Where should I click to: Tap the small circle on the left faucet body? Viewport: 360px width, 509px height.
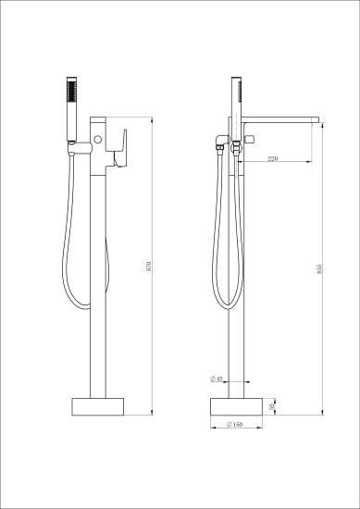coord(95,140)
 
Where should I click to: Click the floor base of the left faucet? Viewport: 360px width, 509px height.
coord(98,406)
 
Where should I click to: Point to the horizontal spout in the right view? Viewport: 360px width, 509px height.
coord(282,118)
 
